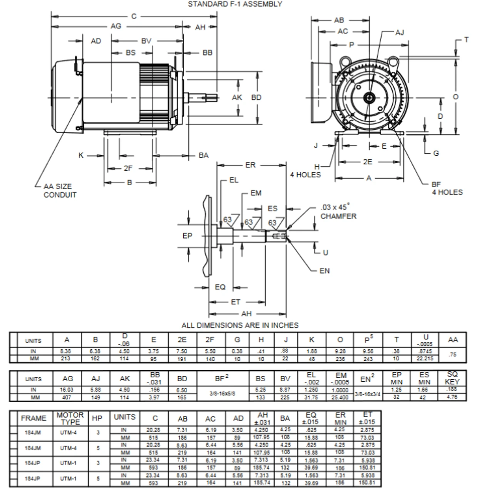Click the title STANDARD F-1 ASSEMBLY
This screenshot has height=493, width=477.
[x=235, y=4]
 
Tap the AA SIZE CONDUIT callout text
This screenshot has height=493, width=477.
[x=60, y=191]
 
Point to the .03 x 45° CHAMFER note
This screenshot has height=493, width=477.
[x=338, y=212]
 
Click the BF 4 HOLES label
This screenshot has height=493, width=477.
[x=447, y=188]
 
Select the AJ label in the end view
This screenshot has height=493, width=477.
[x=400, y=32]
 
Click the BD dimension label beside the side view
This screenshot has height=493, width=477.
[x=256, y=97]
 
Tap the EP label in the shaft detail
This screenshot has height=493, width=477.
[x=187, y=235]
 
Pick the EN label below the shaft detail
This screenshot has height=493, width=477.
[x=325, y=271]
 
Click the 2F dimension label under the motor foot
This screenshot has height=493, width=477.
[x=128, y=168]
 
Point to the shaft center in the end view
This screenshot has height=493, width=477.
[x=370, y=98]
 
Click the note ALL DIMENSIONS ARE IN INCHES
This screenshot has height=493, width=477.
[x=239, y=325]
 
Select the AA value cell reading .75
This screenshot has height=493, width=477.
[x=452, y=355]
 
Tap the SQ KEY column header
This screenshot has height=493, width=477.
[x=452, y=378]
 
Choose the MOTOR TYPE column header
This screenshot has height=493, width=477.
[x=70, y=418]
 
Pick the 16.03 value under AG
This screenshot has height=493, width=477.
[x=67, y=390]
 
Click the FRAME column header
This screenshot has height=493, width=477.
[x=33, y=418]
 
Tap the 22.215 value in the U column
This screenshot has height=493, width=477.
[x=425, y=359]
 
